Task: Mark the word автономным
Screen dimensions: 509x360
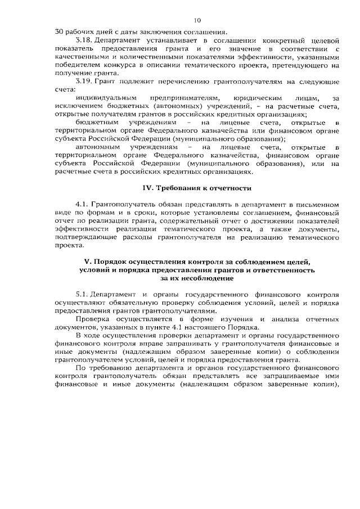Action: (x=97, y=147)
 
